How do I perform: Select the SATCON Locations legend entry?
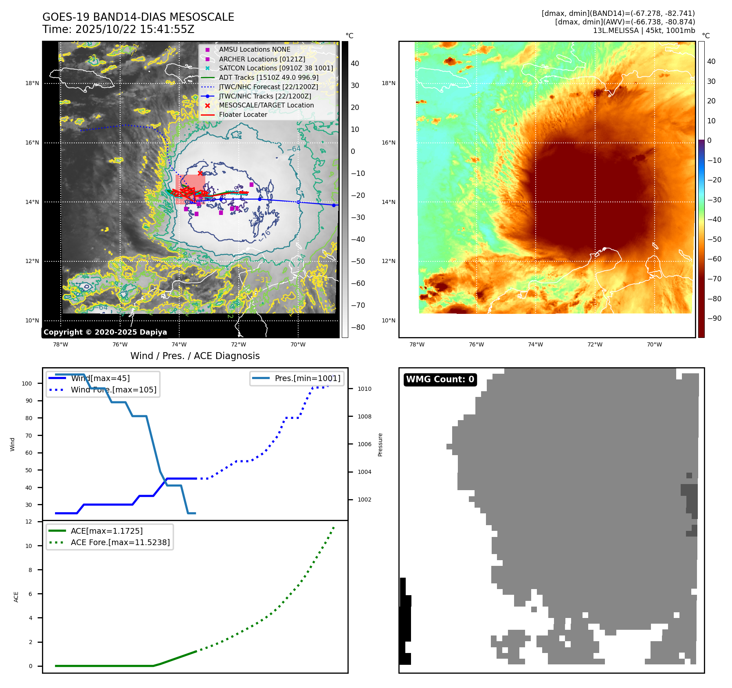click(276, 68)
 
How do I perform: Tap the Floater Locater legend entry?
click(243, 114)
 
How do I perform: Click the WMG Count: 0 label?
click(440, 379)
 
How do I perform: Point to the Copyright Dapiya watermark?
click(105, 332)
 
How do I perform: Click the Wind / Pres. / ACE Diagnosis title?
click(195, 356)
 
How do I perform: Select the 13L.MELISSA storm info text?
click(644, 31)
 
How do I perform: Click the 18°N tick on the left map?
click(32, 83)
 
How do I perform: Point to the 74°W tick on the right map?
click(535, 344)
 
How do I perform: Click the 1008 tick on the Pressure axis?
click(364, 416)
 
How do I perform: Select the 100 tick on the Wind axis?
click(27, 383)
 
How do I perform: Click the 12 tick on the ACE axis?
click(29, 521)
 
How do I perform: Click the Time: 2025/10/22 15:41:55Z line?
click(118, 29)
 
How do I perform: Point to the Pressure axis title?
click(380, 445)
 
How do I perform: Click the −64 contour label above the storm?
click(293, 149)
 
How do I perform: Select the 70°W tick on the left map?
click(298, 344)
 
